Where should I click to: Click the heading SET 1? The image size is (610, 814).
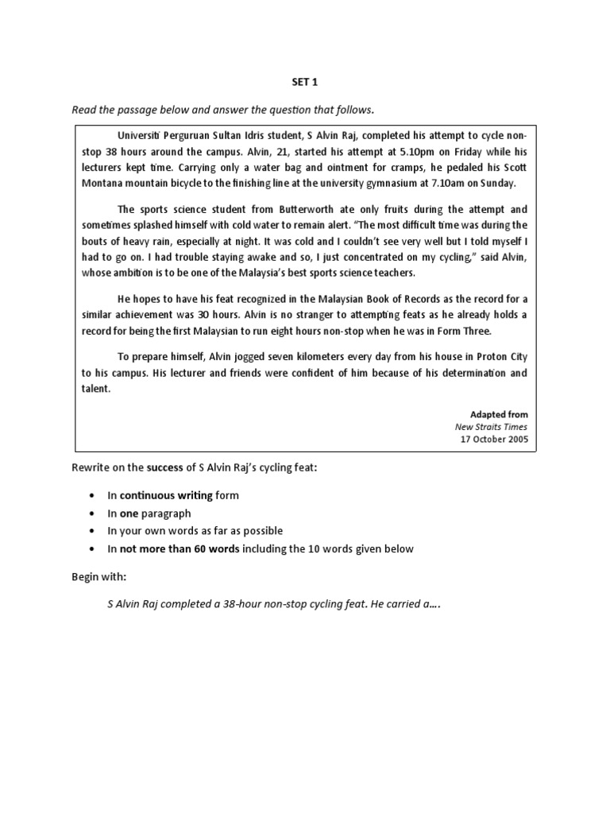[305, 81]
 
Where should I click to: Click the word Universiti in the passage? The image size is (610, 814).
[140, 135]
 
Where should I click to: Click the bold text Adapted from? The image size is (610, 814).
[498, 415]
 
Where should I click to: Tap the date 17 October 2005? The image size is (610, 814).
[492, 439]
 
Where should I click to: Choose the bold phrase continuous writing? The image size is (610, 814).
[166, 495]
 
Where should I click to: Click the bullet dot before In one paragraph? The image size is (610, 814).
[92, 514]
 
